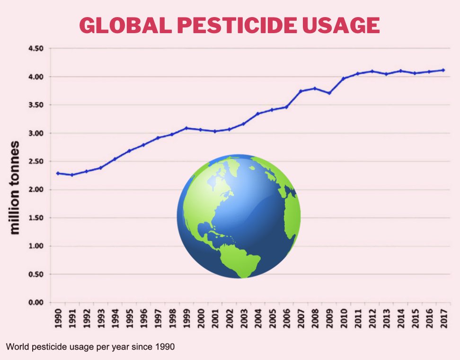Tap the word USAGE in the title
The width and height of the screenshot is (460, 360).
[x=341, y=25]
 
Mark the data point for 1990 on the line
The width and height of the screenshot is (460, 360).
[x=58, y=173]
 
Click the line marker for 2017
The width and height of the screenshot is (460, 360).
[x=443, y=70]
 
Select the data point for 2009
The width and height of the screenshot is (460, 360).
[x=329, y=93]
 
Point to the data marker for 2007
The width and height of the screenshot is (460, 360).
[x=301, y=91]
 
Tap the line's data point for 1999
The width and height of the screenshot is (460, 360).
[x=186, y=128]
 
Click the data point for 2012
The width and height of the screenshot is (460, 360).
[x=372, y=72]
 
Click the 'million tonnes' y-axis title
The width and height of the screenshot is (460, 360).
[x=15, y=187]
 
